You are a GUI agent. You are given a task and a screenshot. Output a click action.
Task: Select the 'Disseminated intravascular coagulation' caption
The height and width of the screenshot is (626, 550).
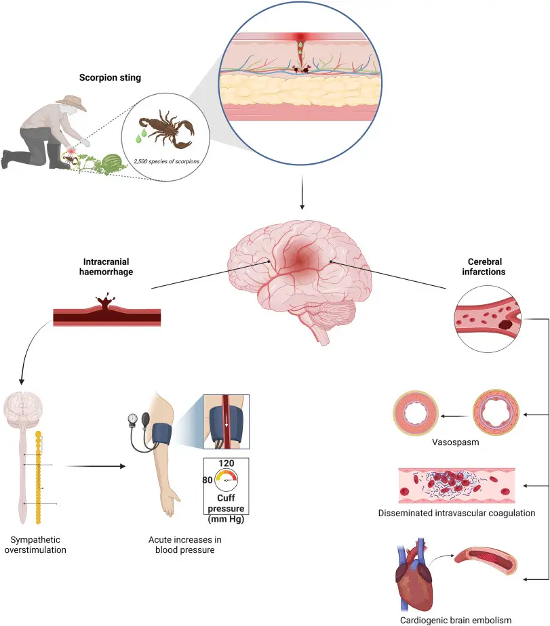[457, 513]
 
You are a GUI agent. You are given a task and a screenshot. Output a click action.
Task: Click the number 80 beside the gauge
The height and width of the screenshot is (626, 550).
[208, 480]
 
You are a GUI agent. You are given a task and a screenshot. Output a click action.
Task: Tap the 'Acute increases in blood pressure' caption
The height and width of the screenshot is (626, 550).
[185, 544]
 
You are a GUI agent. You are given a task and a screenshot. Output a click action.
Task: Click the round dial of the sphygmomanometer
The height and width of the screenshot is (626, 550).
[132, 419]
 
